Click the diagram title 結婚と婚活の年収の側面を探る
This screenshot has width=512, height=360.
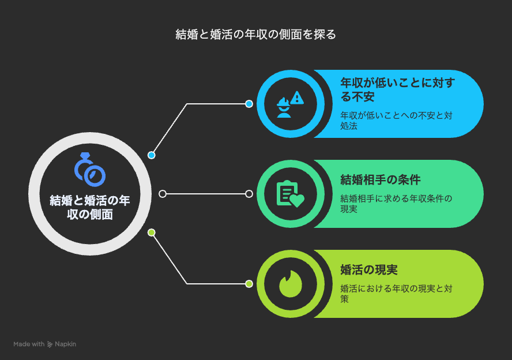[255, 34]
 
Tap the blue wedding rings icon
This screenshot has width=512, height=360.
[90, 169]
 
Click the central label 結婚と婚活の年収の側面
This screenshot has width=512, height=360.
[90, 208]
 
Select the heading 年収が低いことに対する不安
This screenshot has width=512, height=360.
[397, 89]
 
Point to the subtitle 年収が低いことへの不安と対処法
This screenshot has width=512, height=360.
[396, 121]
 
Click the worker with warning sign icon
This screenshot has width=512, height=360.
[290, 104]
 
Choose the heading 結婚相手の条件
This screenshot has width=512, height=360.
[381, 179]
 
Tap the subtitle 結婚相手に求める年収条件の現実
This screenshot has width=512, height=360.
[396, 204]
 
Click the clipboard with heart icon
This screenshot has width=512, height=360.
[290, 194]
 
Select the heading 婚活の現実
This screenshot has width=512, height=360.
[369, 270]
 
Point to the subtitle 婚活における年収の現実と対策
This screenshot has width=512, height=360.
[396, 294]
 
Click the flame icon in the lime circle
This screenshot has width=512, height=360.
[290, 284]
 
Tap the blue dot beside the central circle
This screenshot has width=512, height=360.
[151, 155]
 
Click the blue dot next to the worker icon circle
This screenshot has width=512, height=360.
[249, 104]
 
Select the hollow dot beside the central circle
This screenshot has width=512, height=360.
[163, 194]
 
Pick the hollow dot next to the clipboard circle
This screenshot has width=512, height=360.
[249, 194]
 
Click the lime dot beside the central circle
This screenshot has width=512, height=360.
[151, 232]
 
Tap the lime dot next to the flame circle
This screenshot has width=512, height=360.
[249, 284]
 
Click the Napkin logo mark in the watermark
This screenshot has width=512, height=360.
[50, 344]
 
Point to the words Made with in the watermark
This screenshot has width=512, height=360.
[29, 344]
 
